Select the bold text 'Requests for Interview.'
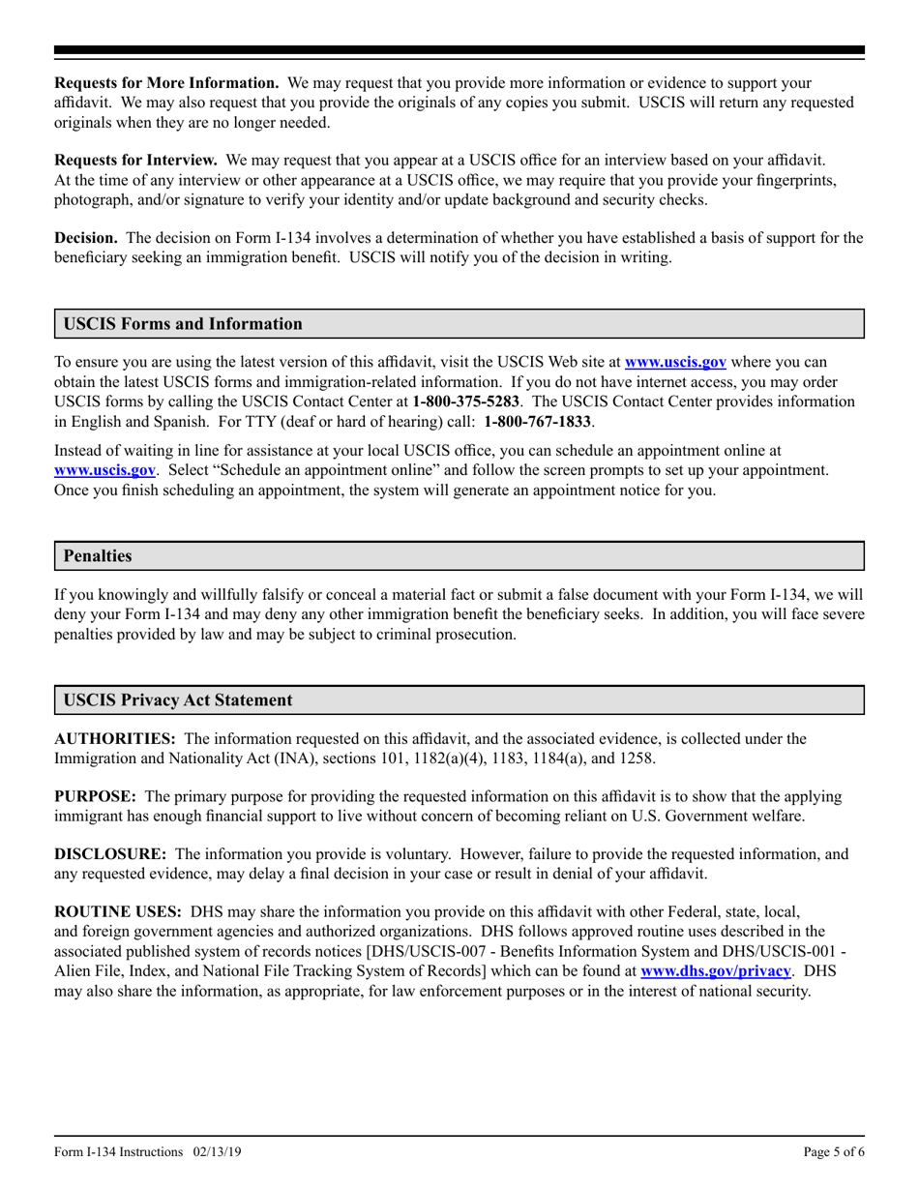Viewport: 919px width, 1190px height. coord(135,160)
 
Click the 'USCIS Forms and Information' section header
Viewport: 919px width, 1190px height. coord(183,324)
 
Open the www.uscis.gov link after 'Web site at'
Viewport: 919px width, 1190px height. coord(675,363)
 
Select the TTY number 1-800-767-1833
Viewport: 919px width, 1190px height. coord(538,422)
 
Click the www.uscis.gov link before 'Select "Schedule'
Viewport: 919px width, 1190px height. coord(104,470)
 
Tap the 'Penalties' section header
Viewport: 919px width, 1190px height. coord(98,556)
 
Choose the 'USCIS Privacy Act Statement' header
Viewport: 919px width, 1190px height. coord(177,699)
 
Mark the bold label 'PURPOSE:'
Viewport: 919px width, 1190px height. coord(95,797)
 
